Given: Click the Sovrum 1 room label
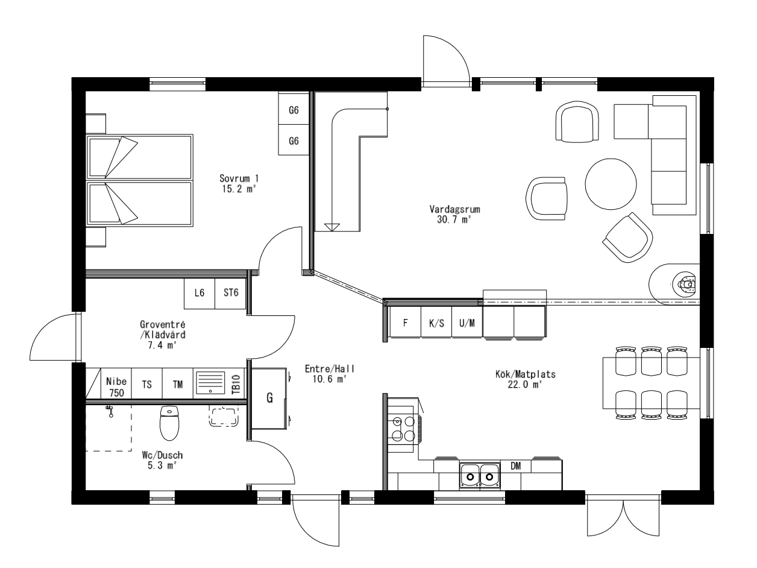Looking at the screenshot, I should tap(239, 183).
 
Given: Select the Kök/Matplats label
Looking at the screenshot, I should tap(521, 379).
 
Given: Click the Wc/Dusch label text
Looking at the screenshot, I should tap(159, 461).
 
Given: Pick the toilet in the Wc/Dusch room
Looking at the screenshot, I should tap(169, 423).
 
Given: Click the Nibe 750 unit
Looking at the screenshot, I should tap(116, 387).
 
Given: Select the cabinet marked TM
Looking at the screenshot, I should tap(178, 383).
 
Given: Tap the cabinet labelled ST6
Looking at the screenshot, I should tap(231, 294).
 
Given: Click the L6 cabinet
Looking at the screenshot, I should tap(199, 294).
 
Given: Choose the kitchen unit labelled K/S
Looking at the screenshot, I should tap(436, 323).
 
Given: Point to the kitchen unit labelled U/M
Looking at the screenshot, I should tap(467, 323).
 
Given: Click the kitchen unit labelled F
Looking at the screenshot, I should tap(406, 323).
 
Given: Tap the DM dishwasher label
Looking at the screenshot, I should tap(515, 466).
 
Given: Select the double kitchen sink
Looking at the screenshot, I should tap(480, 476).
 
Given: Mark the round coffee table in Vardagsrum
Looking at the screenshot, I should tap(611, 183).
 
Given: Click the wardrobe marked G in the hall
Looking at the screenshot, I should tap(269, 399).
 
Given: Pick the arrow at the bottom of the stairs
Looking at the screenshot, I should tap(331, 227).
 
